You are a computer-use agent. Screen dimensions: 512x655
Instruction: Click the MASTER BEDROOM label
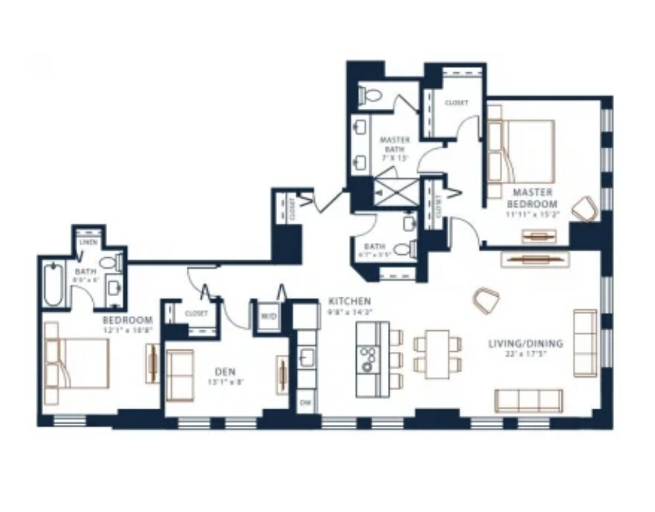[x=531, y=198]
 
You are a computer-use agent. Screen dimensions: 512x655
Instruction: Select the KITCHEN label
[x=349, y=301]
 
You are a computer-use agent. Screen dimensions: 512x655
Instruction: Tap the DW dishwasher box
[x=305, y=403]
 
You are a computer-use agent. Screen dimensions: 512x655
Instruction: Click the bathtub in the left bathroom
[x=53, y=284]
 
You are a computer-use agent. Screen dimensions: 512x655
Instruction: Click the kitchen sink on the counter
[x=306, y=357]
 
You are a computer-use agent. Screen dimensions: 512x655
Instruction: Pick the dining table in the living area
[x=438, y=354]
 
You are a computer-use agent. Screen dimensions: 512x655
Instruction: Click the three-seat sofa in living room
[x=529, y=400]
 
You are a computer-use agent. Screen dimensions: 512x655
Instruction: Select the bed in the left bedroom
[x=77, y=362]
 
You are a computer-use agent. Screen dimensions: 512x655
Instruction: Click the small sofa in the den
[x=180, y=375]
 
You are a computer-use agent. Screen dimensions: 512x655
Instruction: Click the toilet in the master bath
[x=372, y=95]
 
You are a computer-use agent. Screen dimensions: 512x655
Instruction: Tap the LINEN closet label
[x=88, y=242]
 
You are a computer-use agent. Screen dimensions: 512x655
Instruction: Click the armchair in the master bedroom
[x=584, y=209]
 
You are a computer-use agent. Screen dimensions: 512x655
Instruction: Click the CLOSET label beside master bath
[x=456, y=103]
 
